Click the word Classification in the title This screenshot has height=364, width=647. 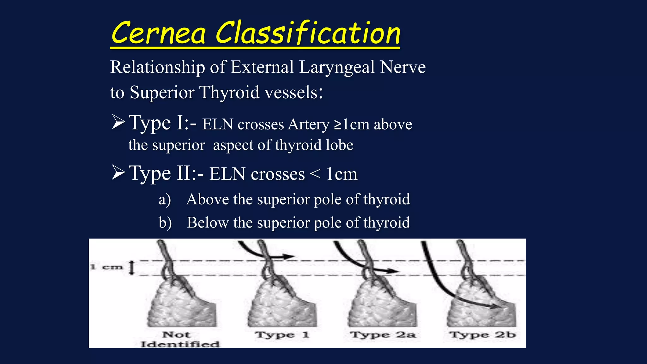tap(308, 33)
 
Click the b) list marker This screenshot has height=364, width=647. tap(165, 223)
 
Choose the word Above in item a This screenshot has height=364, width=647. tap(208, 199)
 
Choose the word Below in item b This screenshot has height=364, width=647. tap(208, 222)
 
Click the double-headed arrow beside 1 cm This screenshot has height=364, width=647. tap(132, 268)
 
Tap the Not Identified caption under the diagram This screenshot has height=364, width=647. tap(179, 339)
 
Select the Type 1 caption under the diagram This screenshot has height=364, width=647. tap(282, 335)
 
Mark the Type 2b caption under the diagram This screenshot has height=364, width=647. tap(483, 335)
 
